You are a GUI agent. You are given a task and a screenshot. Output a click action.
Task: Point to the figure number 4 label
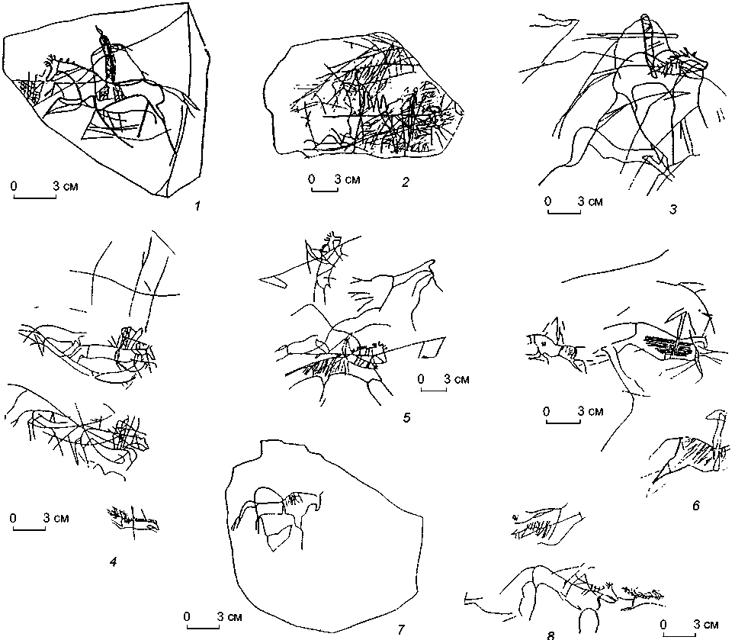click(x=112, y=562)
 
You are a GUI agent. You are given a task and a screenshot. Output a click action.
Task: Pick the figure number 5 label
click(x=407, y=416)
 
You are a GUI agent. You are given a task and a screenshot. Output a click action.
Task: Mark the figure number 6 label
click(x=696, y=505)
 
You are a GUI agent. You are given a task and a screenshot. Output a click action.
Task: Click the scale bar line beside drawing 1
click(x=35, y=198)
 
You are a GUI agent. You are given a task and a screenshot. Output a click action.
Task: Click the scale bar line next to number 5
click(x=434, y=391)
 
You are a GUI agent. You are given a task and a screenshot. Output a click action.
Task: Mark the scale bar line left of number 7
click(x=204, y=628)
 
